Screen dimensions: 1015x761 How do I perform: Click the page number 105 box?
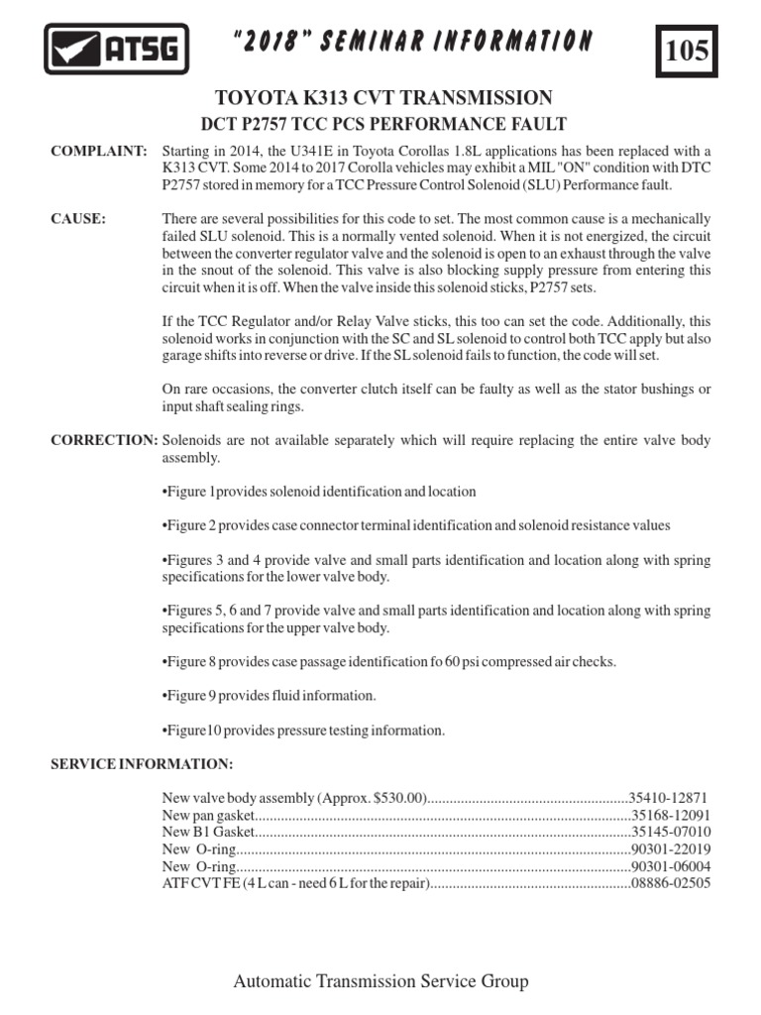pos(687,52)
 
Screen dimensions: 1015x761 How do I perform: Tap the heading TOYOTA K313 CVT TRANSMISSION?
pos(383,97)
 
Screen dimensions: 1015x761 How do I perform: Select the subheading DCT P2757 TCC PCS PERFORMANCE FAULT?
pos(383,124)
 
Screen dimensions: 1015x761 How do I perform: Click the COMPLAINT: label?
pos(99,151)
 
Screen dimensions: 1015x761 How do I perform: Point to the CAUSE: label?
pos(79,219)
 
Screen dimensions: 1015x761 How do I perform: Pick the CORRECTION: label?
pos(104,440)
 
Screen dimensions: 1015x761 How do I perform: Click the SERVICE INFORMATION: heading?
pos(143,764)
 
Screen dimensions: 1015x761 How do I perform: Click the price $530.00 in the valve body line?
pos(393,797)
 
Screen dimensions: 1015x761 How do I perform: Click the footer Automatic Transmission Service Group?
pos(380,981)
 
